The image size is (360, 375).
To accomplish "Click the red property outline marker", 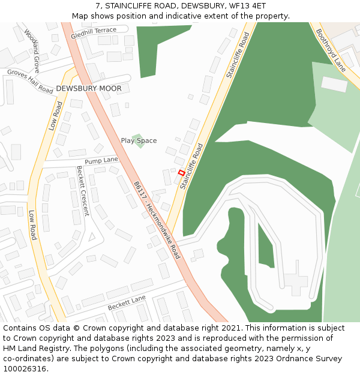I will pyautogui.click(x=181, y=172).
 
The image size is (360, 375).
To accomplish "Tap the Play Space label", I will pyautogui.click(x=139, y=141).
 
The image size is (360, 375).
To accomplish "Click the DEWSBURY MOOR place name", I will pyautogui.click(x=89, y=89).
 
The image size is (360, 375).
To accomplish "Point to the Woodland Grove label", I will pyautogui.click(x=31, y=46).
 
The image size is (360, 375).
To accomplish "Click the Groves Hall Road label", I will pyautogui.click(x=30, y=80).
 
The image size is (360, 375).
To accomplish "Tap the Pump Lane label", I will pyautogui.click(x=101, y=160).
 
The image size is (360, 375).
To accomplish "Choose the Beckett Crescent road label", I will pyautogui.click(x=82, y=191).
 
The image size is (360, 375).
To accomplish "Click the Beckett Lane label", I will pyautogui.click(x=127, y=303).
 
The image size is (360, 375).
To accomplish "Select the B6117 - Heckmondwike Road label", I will pyautogui.click(x=157, y=220).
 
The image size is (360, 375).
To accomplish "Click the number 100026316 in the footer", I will pyautogui.click(x=24, y=368).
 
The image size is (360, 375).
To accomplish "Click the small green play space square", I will pyautogui.click(x=139, y=140).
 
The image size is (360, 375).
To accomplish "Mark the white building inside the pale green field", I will pyautogui.click(x=334, y=85).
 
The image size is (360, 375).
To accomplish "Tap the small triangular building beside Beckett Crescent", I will pyautogui.click(x=92, y=236).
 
